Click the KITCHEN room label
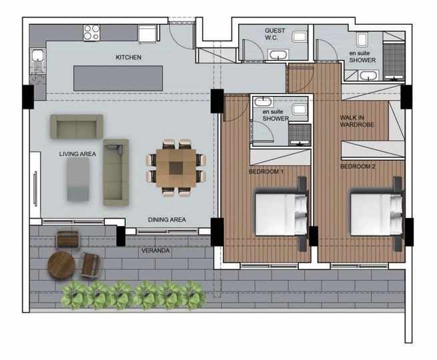129,57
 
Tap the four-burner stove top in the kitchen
91,33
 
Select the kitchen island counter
118,78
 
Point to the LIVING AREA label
77,154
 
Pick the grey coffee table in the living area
78,179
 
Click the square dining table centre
176,168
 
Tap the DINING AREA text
167,220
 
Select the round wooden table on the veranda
61,265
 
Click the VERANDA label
155,251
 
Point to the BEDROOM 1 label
266,171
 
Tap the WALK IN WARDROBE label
357,121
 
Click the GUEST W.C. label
275,34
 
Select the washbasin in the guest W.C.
278,54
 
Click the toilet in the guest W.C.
300,37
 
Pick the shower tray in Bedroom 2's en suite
394,61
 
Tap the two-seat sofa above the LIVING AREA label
77,127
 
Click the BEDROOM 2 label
358,167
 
